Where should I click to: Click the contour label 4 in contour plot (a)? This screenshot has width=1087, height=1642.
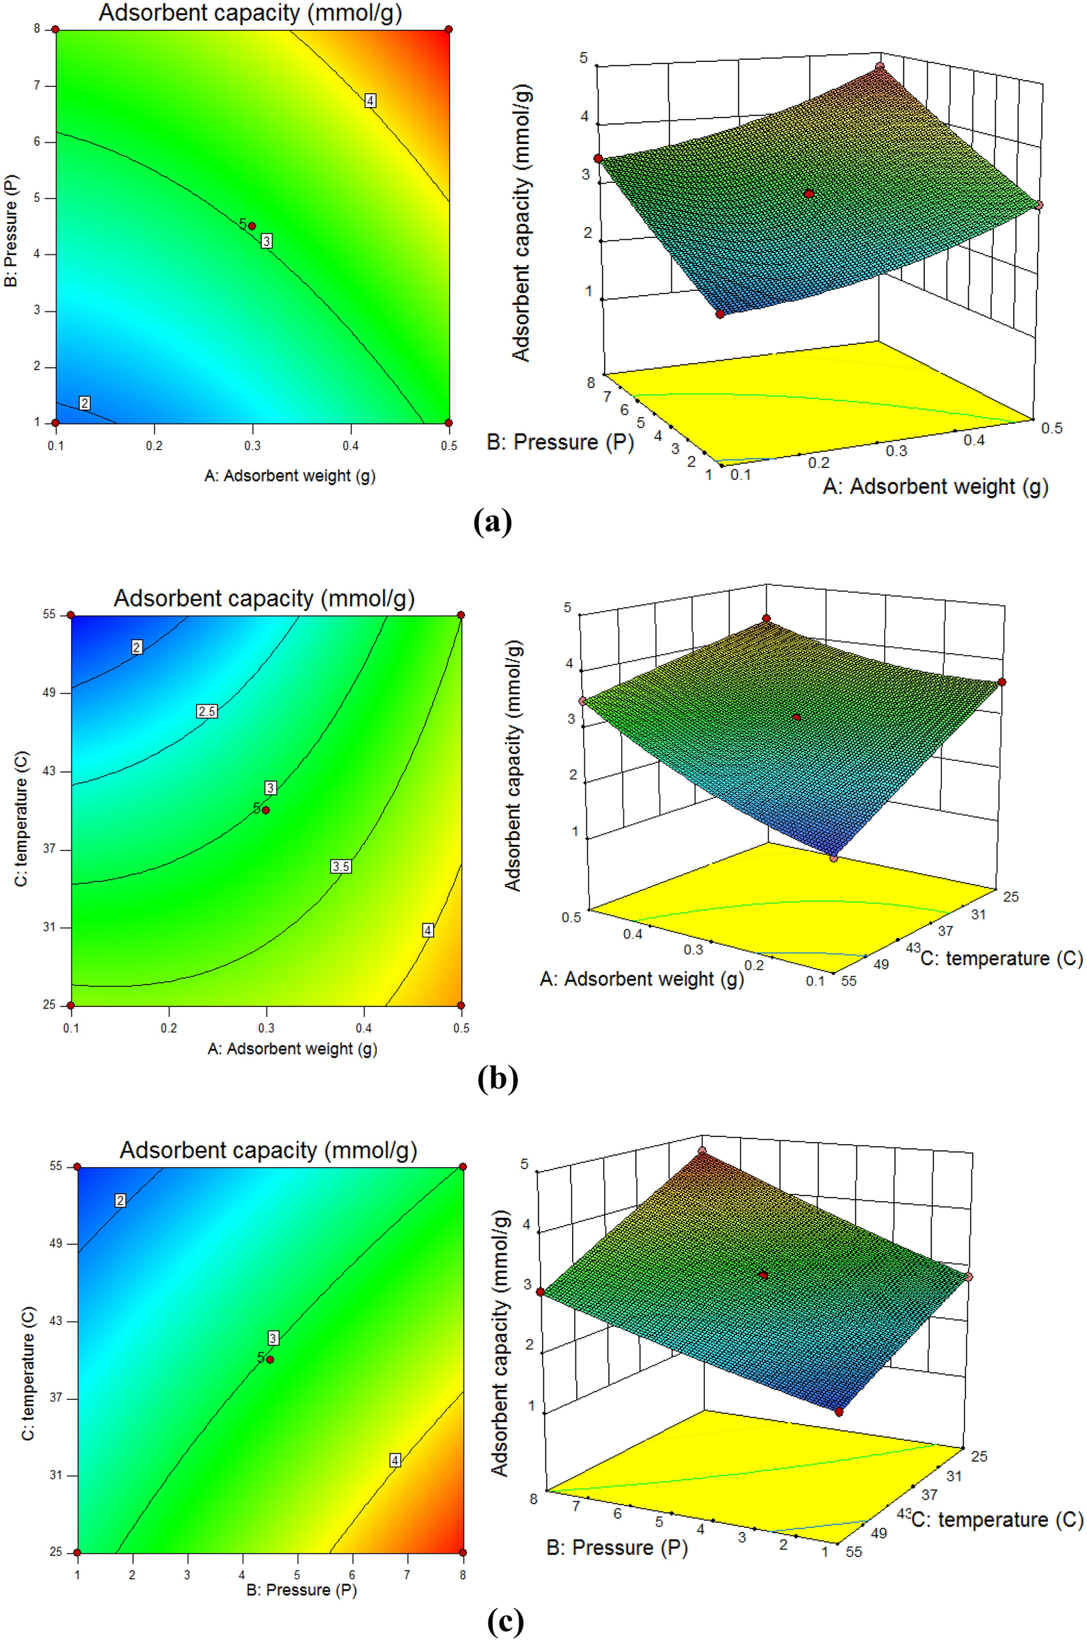pyautogui.click(x=370, y=101)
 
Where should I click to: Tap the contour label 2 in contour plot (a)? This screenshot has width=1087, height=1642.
pyautogui.click(x=85, y=403)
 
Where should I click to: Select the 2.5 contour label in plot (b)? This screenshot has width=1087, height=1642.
pyautogui.click(x=206, y=711)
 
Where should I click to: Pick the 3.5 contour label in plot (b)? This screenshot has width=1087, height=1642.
pyautogui.click(x=341, y=866)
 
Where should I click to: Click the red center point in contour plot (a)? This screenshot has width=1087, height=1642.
pyautogui.click(x=252, y=226)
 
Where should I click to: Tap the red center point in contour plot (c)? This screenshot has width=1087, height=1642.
pyautogui.click(x=270, y=1360)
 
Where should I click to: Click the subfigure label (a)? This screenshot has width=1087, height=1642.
pyautogui.click(x=492, y=522)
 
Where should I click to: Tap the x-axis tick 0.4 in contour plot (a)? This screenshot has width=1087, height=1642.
pyautogui.click(x=350, y=446)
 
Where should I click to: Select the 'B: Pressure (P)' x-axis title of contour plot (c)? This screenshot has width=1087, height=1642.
pyautogui.click(x=302, y=1589)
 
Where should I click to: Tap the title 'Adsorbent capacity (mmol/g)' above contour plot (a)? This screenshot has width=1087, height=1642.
pyautogui.click(x=250, y=13)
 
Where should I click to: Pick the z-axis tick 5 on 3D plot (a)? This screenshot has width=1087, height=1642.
pyautogui.click(x=584, y=58)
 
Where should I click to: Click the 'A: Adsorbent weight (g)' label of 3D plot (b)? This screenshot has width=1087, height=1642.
pyautogui.click(x=641, y=979)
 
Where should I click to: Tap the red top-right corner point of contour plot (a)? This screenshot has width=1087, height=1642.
pyautogui.click(x=449, y=29)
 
